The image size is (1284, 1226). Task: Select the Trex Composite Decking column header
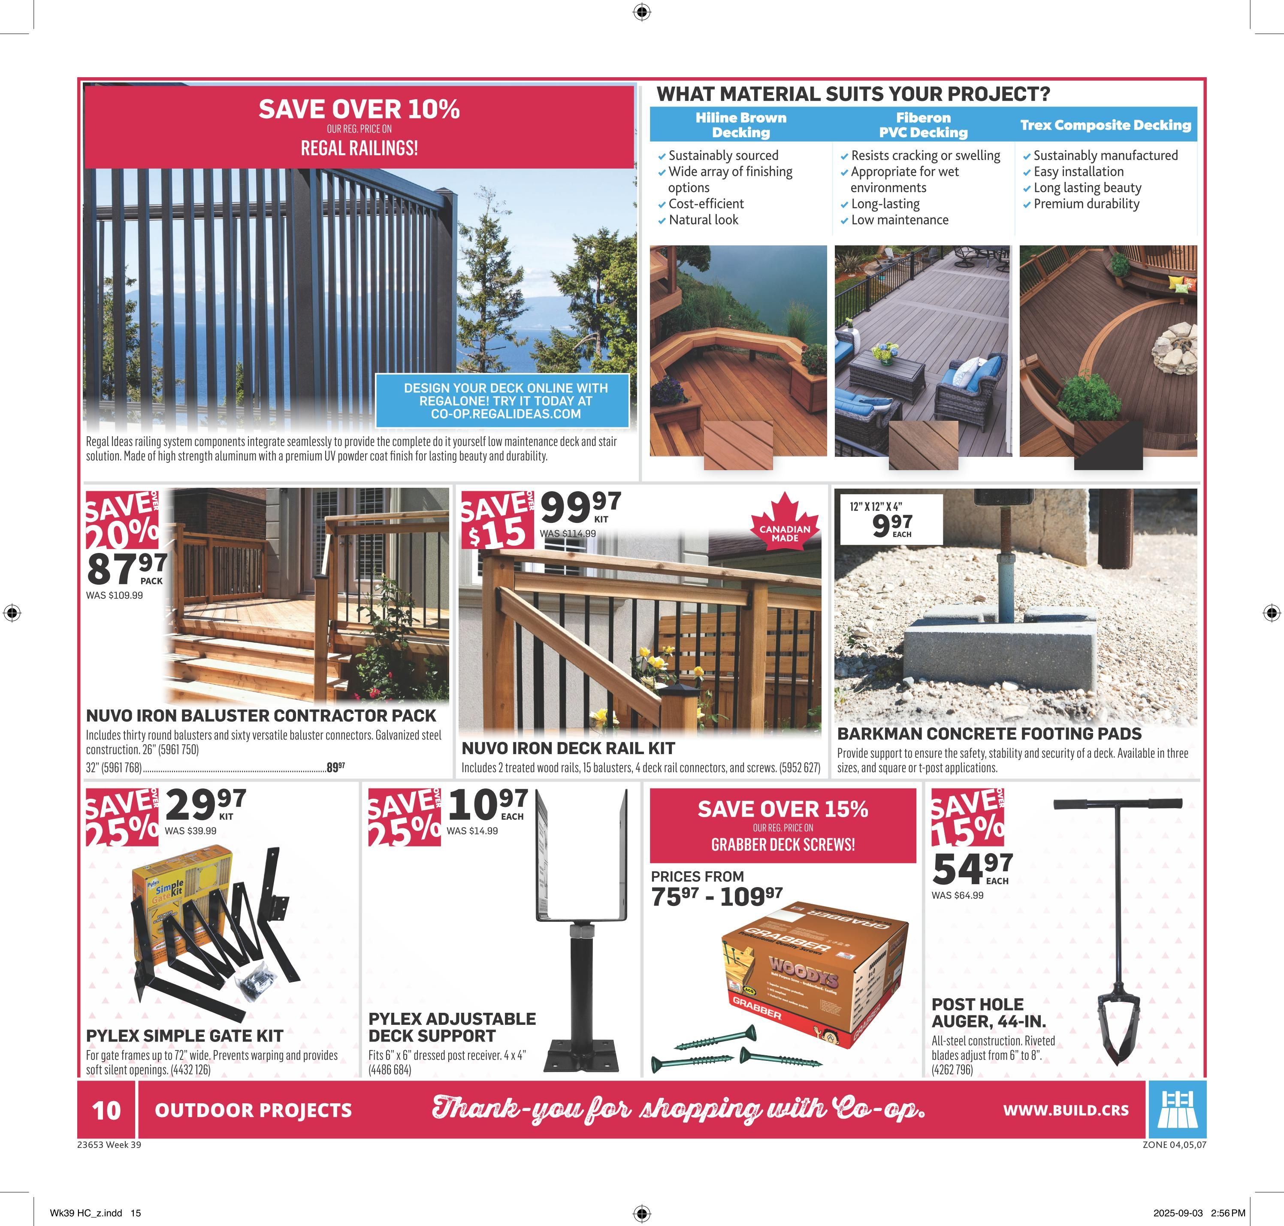(1106, 125)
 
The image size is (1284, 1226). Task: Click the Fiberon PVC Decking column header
(923, 125)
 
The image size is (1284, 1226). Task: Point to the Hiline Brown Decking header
(740, 125)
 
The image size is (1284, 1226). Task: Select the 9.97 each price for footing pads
(891, 523)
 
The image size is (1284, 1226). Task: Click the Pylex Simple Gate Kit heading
(184, 1036)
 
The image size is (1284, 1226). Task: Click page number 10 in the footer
(106, 1110)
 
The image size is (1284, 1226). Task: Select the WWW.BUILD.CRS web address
(1065, 1110)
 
